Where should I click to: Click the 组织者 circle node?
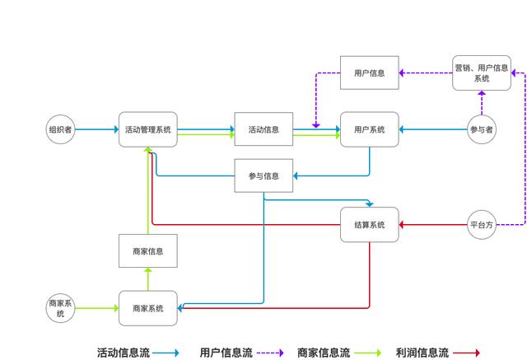pyautogui.click(x=61, y=129)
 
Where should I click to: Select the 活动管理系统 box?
pyautogui.click(x=148, y=129)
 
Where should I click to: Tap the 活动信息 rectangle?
pyautogui.click(x=263, y=129)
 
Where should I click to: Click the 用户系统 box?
pyautogui.click(x=369, y=129)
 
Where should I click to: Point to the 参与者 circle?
pyautogui.click(x=482, y=129)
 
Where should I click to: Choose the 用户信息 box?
pyautogui.click(x=369, y=72)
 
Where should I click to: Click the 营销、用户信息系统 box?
pyautogui.click(x=482, y=72)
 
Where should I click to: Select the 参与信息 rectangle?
pyautogui.click(x=263, y=175)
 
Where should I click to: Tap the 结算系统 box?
pyautogui.click(x=369, y=225)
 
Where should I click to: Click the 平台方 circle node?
pyautogui.click(x=482, y=225)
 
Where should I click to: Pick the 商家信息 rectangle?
pyautogui.click(x=148, y=251)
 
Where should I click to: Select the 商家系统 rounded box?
pyautogui.click(x=148, y=308)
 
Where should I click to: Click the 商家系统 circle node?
pyautogui.click(x=61, y=308)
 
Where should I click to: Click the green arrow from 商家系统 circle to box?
pyautogui.click(x=96, y=308)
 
